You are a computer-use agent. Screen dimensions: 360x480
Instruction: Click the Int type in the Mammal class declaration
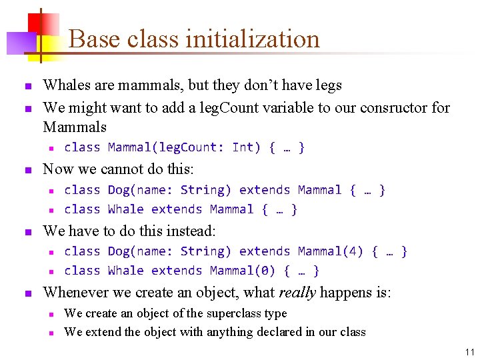pos(243,147)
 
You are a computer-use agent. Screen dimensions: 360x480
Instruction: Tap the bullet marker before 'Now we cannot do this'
pos(27,170)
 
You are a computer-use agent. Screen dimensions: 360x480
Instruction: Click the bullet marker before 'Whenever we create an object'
pos(27,293)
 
